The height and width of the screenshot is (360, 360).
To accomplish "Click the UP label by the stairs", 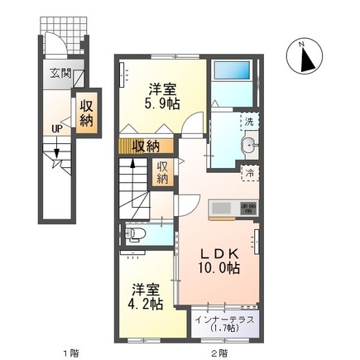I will click(x=55, y=129).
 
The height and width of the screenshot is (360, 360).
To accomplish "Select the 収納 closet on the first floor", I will click(x=85, y=113).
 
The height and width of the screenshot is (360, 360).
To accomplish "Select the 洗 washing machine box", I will click(x=249, y=122).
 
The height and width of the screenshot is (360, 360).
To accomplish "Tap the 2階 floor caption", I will click(x=218, y=353).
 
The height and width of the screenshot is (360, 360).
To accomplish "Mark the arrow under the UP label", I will click(x=55, y=149).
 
